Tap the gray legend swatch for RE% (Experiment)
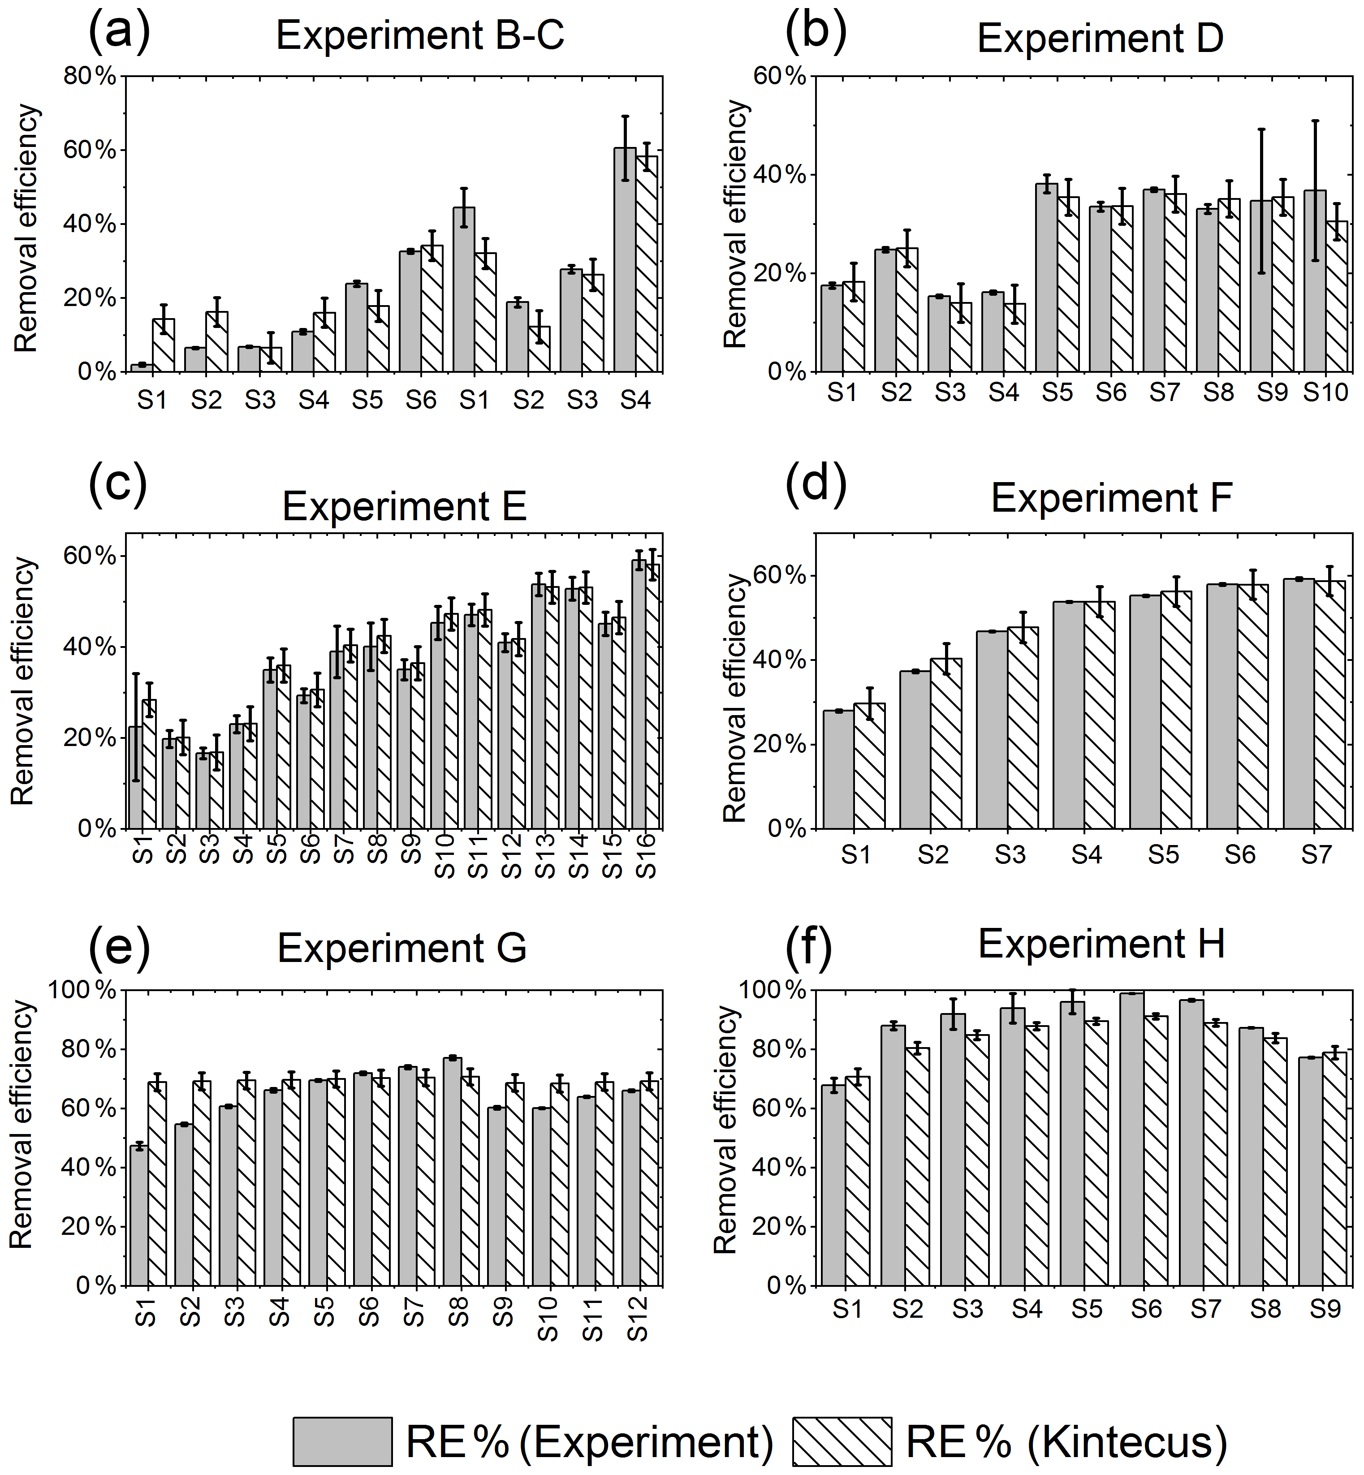coord(342,1440)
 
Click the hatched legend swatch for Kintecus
coord(842,1440)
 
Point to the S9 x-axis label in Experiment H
coord(1325,1309)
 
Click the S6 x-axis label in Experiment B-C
coord(421,400)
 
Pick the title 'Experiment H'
coord(1101,944)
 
